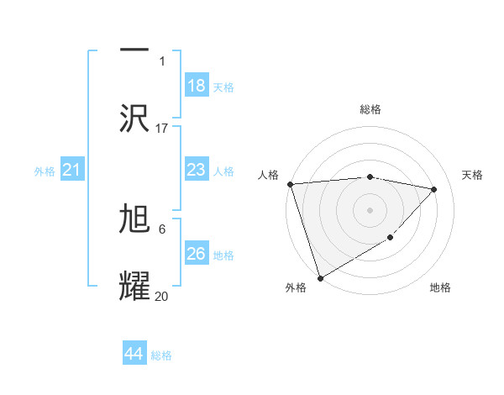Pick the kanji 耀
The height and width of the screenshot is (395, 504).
[134, 287]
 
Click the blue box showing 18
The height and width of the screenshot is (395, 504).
[196, 86]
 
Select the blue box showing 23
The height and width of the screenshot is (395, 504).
[196, 170]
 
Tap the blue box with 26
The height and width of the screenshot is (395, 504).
[196, 254]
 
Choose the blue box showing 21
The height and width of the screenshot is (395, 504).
[72, 171]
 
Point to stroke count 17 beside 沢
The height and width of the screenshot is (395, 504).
[162, 129]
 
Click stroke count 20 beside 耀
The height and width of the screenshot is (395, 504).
[162, 296]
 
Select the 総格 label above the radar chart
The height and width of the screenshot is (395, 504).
[370, 109]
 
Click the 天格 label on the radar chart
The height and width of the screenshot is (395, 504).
[473, 175]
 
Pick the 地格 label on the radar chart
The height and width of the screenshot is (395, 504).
[440, 287]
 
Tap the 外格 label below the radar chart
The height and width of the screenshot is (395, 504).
[296, 287]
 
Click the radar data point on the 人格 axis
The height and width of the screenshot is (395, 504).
[290, 184]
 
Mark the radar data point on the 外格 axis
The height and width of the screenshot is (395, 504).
[320, 277]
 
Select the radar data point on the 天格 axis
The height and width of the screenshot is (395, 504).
[434, 189]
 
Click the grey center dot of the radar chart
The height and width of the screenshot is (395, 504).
[370, 209]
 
